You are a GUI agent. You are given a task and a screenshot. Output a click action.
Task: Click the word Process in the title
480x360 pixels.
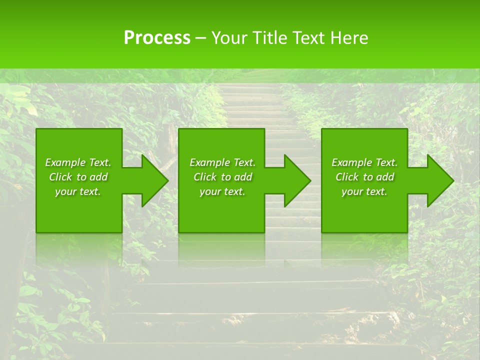157,38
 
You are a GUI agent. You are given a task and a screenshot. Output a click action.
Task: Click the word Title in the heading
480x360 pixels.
269,38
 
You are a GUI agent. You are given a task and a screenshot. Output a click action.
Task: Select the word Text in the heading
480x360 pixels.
307,38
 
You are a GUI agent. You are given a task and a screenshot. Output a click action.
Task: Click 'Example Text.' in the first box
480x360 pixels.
78,162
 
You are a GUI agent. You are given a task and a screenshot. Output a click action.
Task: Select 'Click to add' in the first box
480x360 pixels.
78,177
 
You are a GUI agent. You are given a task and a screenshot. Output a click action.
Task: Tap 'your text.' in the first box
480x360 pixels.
78,191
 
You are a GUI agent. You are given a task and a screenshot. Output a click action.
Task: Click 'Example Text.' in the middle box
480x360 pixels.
222,162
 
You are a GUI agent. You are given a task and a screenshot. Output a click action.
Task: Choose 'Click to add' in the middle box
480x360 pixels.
222,177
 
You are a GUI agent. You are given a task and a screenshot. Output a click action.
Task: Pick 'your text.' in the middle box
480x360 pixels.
222,191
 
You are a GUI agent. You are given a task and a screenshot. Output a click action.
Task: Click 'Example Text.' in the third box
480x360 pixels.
364,162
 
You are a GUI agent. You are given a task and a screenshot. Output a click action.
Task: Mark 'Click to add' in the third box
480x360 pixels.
364,177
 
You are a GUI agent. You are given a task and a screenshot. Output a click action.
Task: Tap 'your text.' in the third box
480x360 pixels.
364,191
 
